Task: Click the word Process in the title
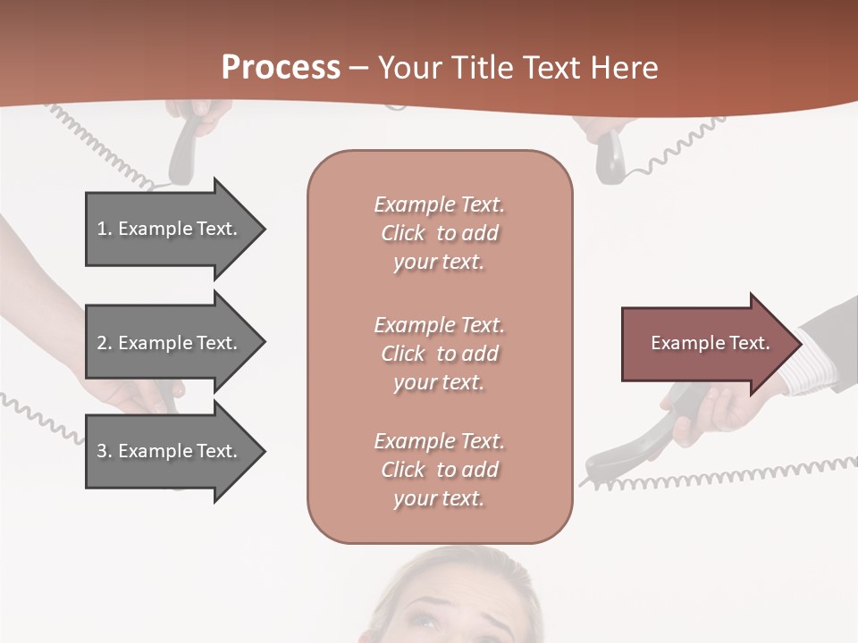tap(281, 67)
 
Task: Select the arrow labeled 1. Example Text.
tap(170, 229)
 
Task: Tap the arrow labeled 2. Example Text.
tap(170, 343)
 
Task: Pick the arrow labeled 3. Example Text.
tap(170, 451)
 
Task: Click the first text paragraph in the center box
tap(439, 233)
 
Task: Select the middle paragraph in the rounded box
tap(439, 353)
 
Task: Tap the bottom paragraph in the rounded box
tap(439, 470)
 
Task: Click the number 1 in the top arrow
tap(102, 229)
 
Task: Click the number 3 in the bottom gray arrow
tap(102, 451)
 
